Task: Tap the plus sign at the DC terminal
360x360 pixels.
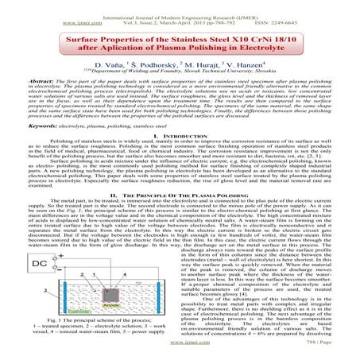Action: [60, 257]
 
